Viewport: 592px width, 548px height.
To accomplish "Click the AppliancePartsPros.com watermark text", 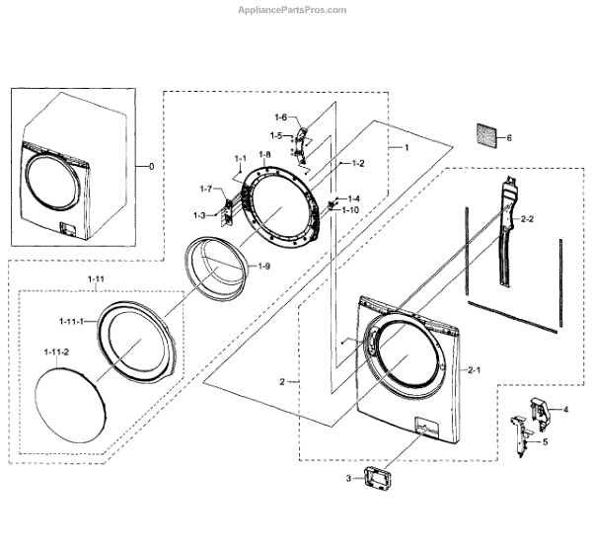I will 293,10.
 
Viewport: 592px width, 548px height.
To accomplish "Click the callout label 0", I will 151,167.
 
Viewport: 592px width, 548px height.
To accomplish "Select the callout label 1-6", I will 281,118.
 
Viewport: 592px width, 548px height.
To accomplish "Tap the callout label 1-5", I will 277,135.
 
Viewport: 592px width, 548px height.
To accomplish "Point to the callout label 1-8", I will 264,155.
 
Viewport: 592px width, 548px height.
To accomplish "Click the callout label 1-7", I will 205,189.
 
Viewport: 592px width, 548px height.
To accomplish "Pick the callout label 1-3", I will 199,215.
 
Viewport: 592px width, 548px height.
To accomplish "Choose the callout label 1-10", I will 350,210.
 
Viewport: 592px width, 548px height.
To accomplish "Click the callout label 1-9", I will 264,267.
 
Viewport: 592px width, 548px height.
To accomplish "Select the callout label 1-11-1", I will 69,322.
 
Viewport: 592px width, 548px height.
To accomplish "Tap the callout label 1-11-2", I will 56,351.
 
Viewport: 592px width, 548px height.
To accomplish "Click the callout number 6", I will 509,138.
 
